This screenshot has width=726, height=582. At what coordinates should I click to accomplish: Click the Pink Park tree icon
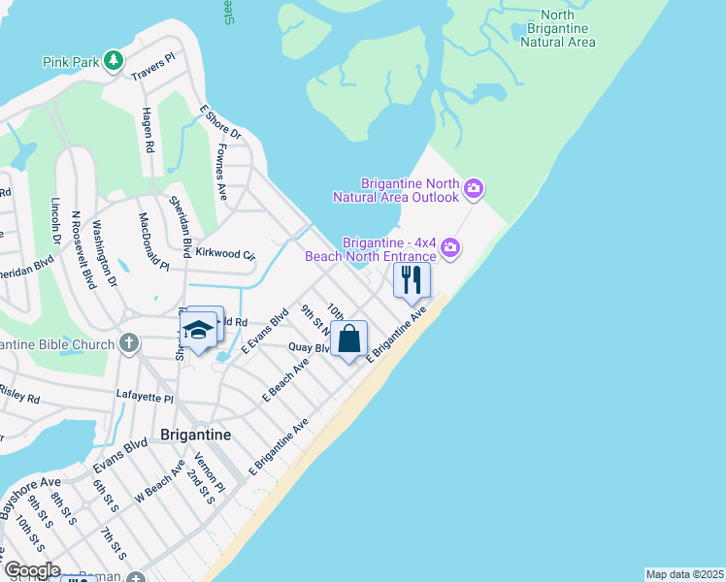(115, 61)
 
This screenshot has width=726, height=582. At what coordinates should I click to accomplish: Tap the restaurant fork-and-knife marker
(412, 280)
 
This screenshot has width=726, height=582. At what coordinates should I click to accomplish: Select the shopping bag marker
(349, 339)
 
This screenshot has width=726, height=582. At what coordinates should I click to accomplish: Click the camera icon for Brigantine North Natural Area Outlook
(474, 188)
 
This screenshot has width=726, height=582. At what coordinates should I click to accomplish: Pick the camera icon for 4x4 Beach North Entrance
(450, 248)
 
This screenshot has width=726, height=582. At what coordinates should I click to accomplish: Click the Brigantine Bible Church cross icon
(129, 343)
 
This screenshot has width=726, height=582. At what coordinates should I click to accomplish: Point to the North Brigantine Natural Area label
(557, 28)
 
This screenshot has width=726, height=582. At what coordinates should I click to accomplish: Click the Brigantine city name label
(195, 435)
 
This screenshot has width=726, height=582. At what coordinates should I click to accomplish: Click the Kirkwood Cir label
(224, 254)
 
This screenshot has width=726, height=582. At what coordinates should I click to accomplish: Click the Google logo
(31, 570)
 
